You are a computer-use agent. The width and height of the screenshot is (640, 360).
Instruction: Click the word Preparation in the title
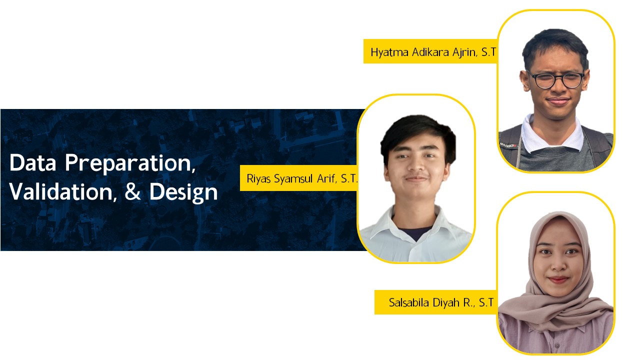130,163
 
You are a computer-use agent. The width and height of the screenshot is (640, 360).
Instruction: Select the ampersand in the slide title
133,191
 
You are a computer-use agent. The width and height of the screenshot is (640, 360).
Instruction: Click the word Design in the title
183,193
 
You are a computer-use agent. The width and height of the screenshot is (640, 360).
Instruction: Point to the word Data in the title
32,162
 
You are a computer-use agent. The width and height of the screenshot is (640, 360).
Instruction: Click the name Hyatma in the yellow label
389,53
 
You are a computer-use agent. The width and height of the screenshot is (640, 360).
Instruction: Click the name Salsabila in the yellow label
409,302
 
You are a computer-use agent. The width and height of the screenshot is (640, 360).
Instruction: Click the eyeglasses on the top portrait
555,79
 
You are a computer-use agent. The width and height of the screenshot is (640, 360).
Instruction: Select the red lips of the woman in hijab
558,279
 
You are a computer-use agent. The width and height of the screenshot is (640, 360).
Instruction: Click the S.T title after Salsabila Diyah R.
486,302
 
